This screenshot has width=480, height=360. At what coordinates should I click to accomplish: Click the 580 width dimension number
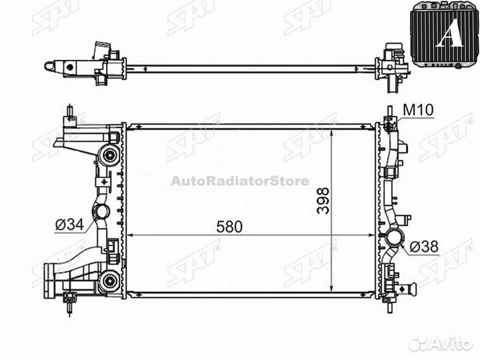(x=229, y=227)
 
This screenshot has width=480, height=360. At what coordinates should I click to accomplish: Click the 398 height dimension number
(x=323, y=201)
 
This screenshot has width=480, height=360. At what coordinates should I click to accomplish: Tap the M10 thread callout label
(x=418, y=110)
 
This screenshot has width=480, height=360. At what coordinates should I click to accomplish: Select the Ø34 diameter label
(x=69, y=225)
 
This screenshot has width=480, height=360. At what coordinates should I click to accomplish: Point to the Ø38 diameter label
(x=424, y=246)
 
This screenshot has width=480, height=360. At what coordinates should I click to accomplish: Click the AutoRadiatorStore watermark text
(x=240, y=181)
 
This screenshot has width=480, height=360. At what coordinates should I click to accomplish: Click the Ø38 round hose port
(x=395, y=237)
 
